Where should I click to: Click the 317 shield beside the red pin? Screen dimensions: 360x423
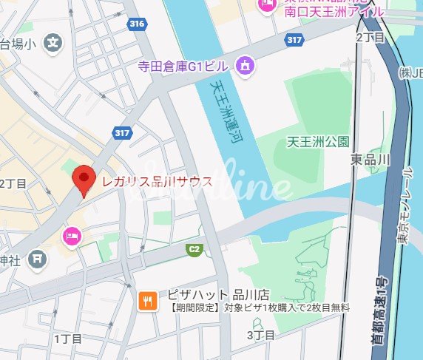coord(123,133)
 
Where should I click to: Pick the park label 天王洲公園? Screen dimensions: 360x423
coord(317,141)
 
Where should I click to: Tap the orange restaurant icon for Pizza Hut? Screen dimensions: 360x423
coord(148,300)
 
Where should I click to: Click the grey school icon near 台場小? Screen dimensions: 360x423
coord(53,43)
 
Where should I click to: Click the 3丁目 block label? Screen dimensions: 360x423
coord(260,336)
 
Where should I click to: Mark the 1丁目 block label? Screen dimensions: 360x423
coord(67,339)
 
